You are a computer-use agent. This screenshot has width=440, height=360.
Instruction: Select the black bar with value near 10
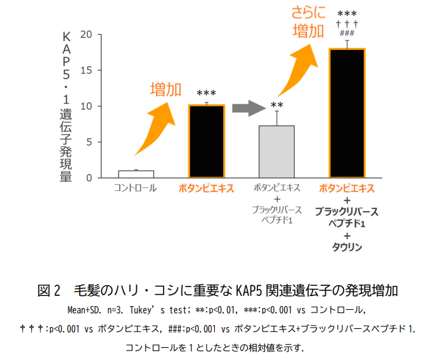207,141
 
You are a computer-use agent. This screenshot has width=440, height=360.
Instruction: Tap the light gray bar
276,152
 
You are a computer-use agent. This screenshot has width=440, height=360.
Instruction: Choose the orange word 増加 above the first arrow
165,89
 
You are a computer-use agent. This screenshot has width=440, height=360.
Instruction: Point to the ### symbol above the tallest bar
347,34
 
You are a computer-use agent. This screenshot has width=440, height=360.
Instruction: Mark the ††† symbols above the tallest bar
347,24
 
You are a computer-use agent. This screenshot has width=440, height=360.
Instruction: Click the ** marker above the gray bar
276,105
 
